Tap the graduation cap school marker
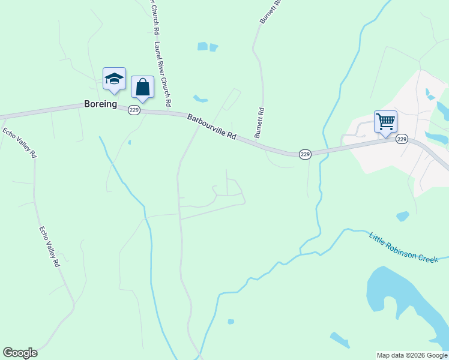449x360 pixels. (x=114, y=79)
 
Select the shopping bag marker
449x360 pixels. (x=142, y=88)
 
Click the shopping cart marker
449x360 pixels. (x=385, y=121)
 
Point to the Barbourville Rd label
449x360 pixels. (x=211, y=127)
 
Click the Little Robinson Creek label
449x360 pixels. (x=408, y=247)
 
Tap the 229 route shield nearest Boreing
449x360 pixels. (x=134, y=110)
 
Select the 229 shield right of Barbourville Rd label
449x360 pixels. (x=306, y=154)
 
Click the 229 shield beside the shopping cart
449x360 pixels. (x=402, y=139)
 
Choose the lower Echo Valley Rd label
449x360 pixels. (x=49, y=247)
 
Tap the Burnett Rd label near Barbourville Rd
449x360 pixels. (x=260, y=123)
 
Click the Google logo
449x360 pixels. (x=20, y=353)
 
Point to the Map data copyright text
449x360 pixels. (x=412, y=355)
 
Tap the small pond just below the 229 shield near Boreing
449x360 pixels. (x=129, y=143)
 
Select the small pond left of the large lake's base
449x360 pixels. (x=340, y=340)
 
